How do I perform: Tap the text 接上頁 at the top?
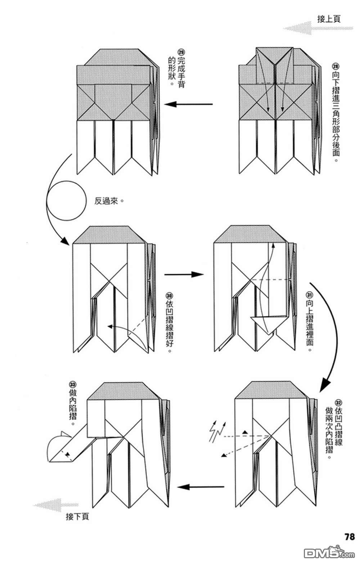pyautogui.click(x=329, y=19)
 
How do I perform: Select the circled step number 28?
pyautogui.click(x=336, y=67)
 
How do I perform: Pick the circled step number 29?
pyautogui.click(x=181, y=53)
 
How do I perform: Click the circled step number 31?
pyautogui.click(x=309, y=295)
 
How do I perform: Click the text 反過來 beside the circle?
pyautogui.click(x=106, y=201)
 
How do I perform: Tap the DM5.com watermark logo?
pyautogui.click(x=329, y=553)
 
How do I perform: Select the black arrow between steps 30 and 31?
pyautogui.click(x=184, y=274)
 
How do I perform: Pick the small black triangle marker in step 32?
pyautogui.click(x=245, y=432)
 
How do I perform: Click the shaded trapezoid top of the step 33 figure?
pyautogui.click(x=123, y=391)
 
